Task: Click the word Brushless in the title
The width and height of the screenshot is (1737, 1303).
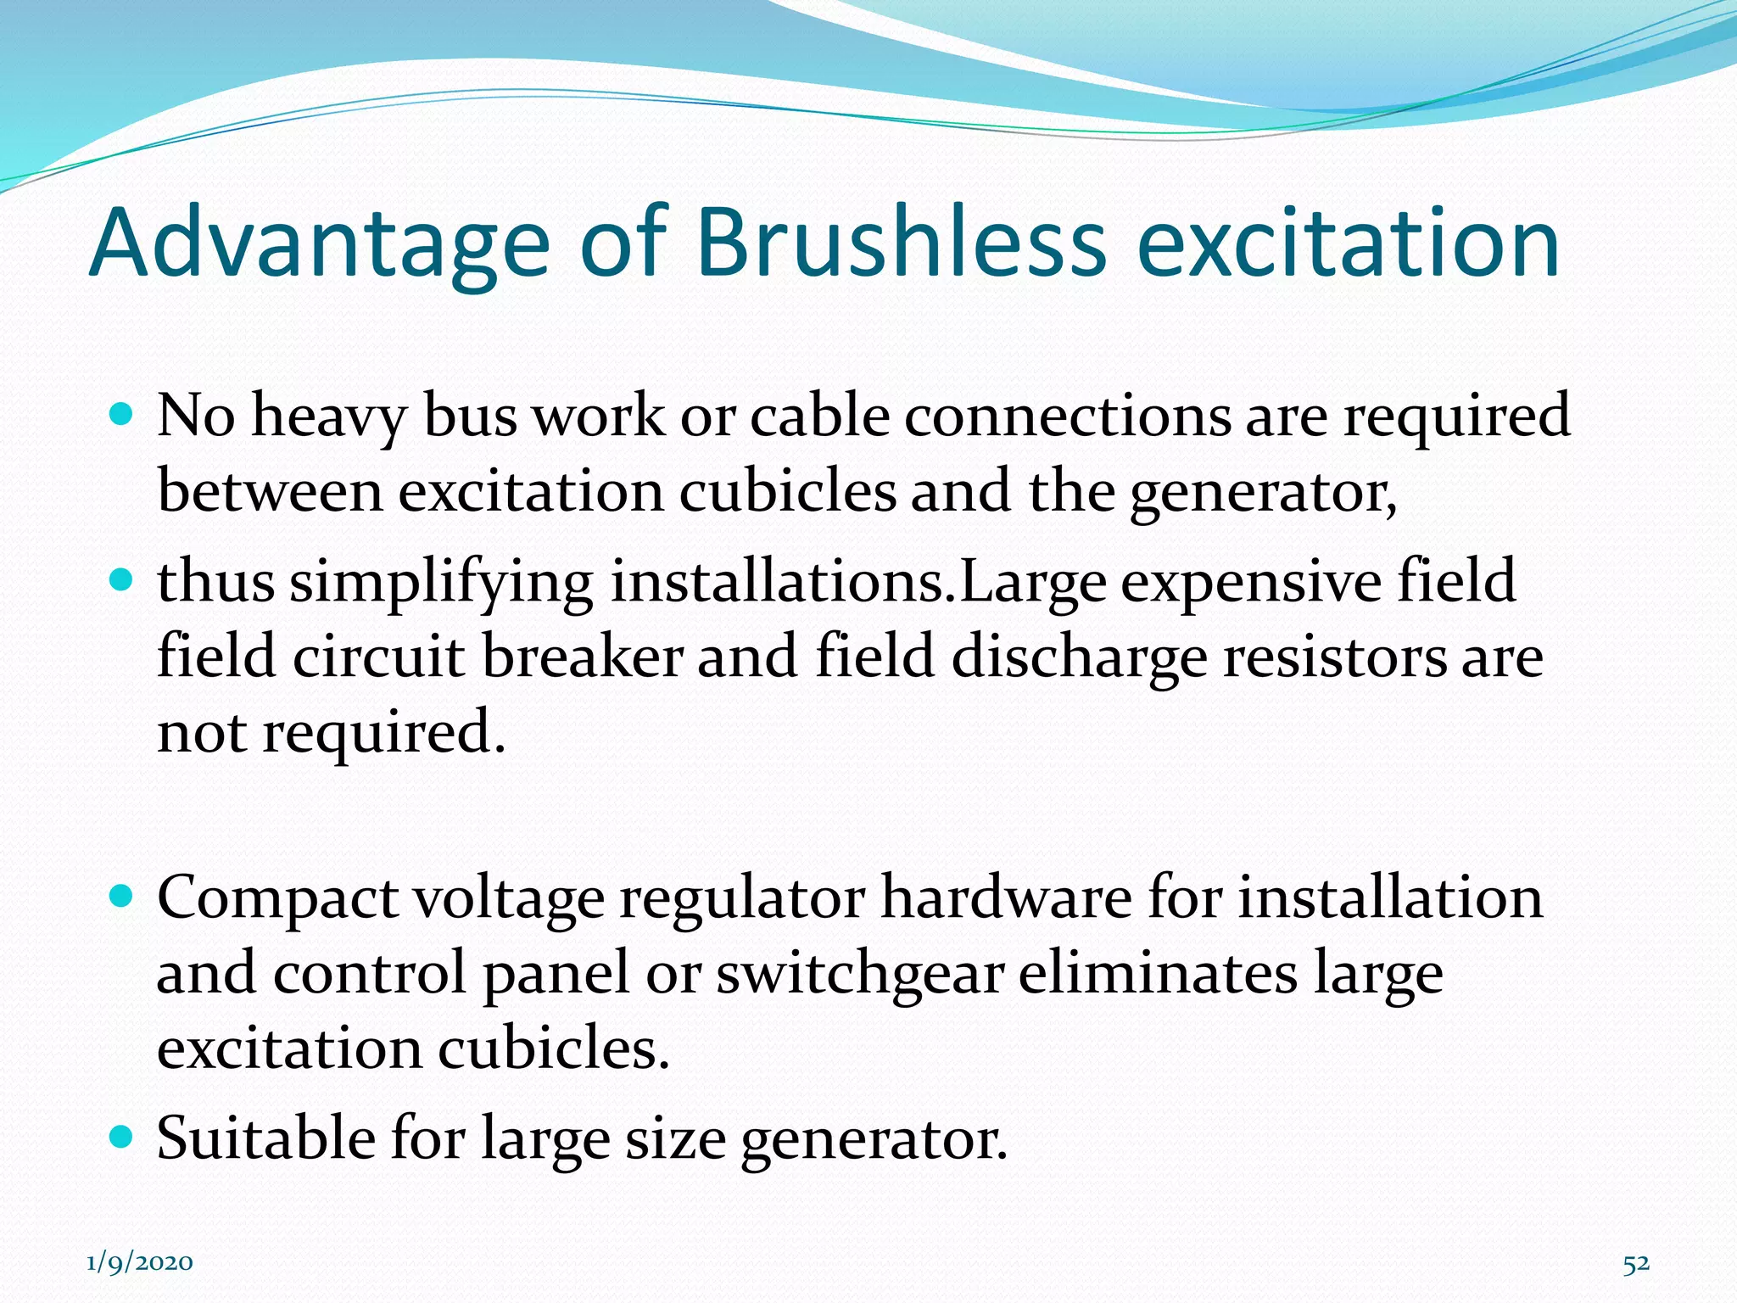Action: tap(901, 243)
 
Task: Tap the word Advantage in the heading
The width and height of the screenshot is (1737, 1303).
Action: tap(320, 243)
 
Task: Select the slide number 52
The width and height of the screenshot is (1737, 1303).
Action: tap(1636, 1264)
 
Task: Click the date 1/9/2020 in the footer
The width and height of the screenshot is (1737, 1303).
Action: tap(140, 1262)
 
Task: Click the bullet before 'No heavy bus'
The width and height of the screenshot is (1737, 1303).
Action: tap(122, 415)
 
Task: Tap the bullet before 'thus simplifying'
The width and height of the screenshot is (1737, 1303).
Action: tap(122, 580)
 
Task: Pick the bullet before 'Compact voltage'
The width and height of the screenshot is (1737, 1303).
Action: tap(122, 896)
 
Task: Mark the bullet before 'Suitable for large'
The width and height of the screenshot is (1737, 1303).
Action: tap(122, 1136)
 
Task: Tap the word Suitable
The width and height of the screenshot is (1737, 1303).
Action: tap(266, 1138)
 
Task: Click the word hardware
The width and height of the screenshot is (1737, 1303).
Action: tap(1006, 898)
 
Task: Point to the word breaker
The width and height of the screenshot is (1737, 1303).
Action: tap(582, 658)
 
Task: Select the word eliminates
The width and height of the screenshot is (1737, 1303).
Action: tap(1158, 973)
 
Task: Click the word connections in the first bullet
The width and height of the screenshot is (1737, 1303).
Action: tap(1067, 417)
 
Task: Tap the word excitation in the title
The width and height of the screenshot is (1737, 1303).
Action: tap(1348, 243)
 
